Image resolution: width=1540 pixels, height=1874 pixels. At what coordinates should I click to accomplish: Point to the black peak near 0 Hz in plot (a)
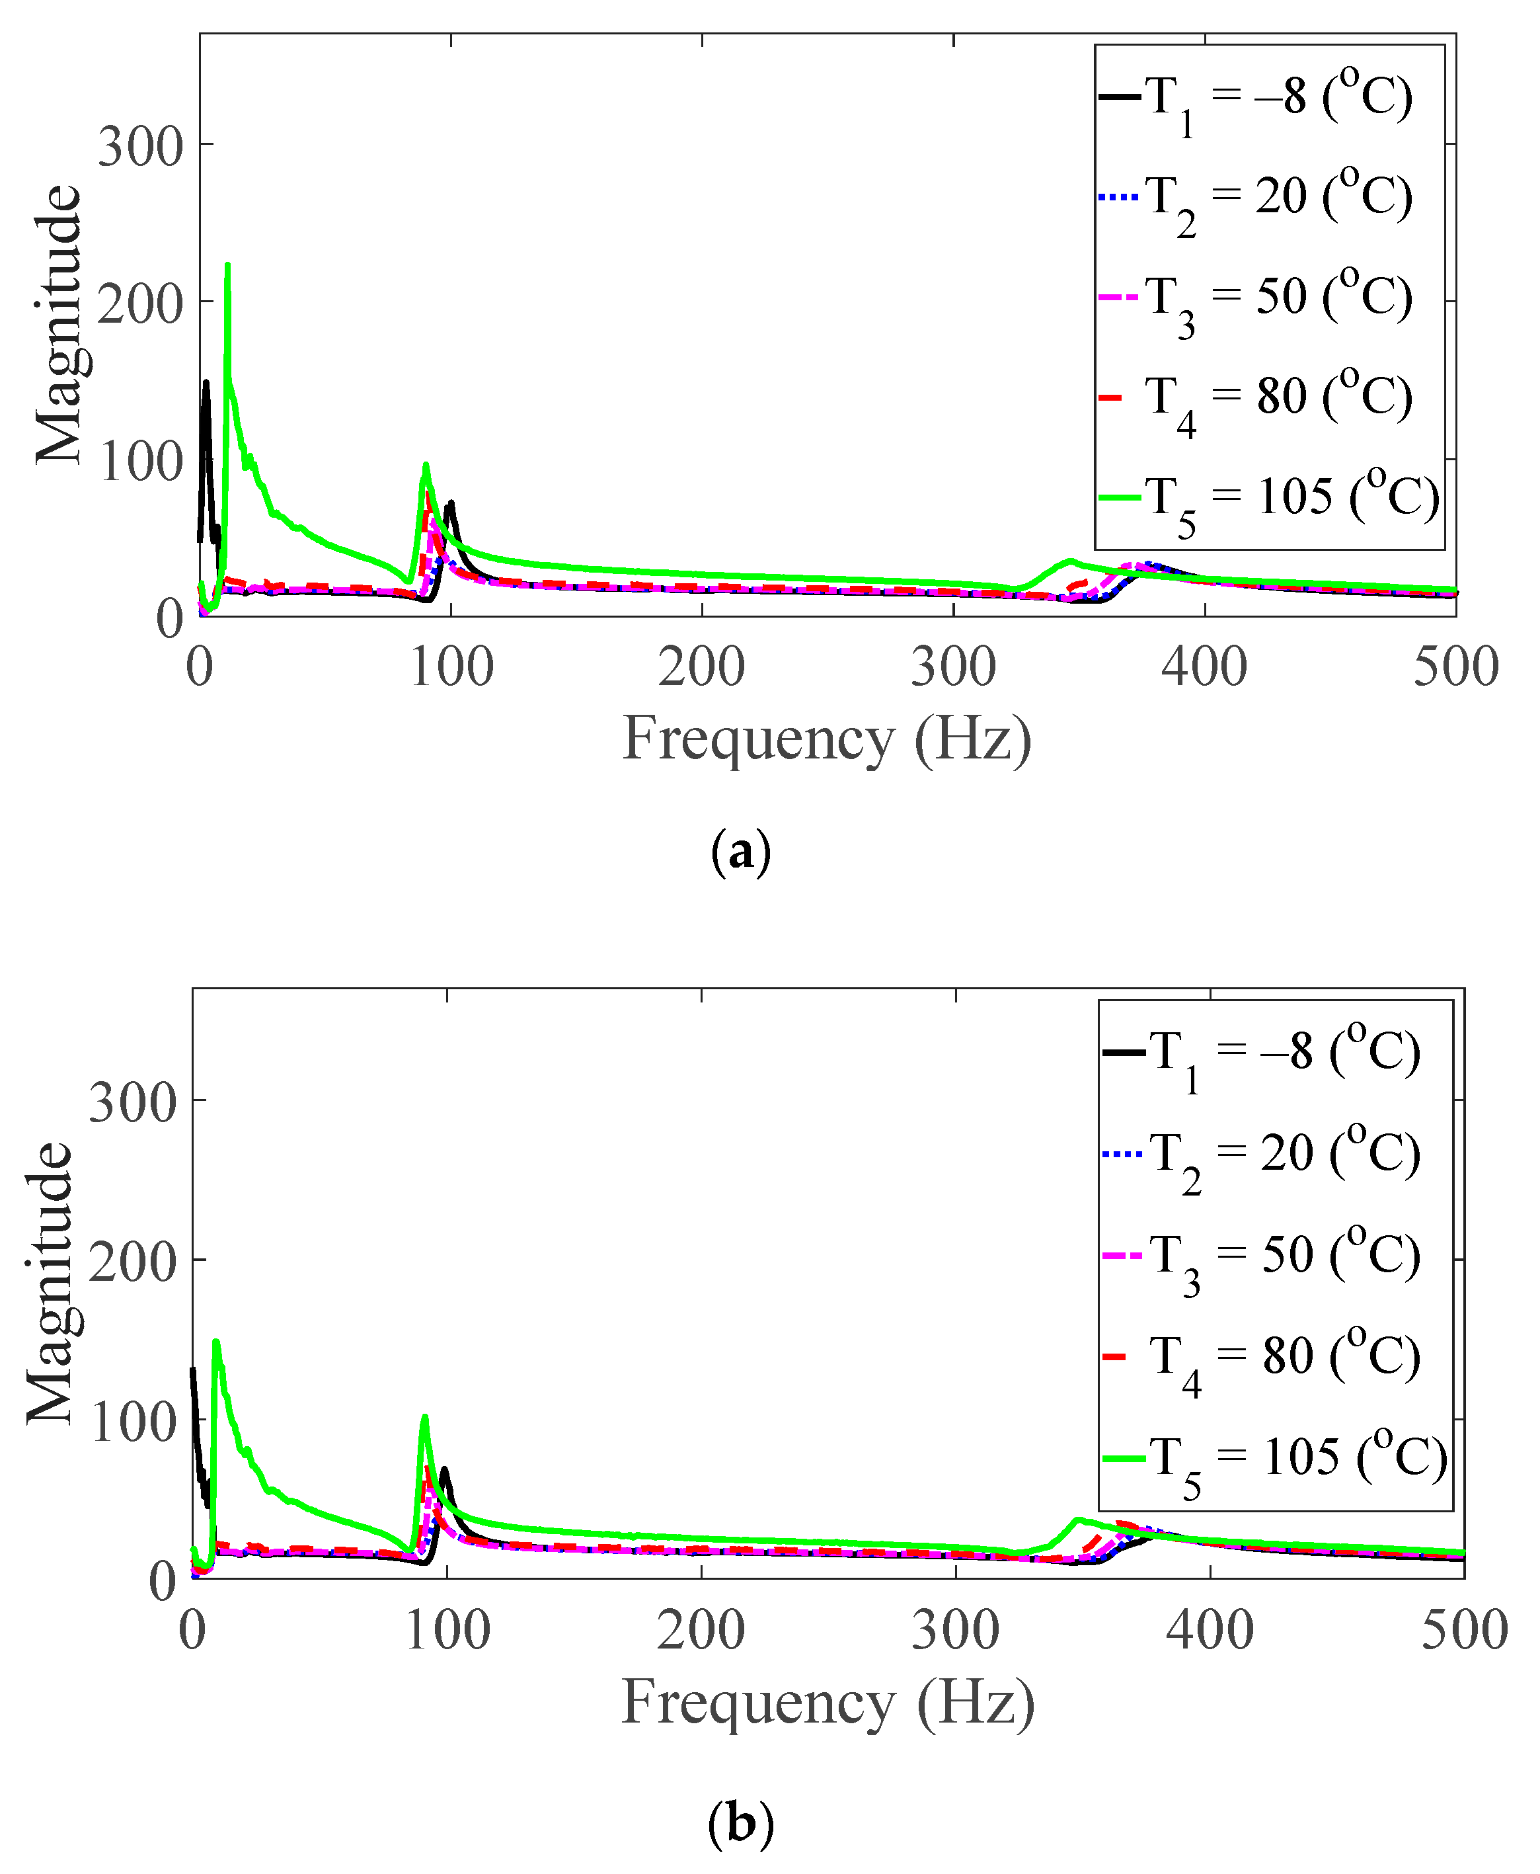[206, 384]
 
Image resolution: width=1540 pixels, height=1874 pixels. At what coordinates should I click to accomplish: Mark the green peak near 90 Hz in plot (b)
[425, 1417]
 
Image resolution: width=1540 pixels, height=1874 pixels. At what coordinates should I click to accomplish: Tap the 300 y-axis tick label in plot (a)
[139, 146]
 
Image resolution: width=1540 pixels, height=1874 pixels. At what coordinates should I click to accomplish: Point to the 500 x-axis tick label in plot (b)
[1464, 1631]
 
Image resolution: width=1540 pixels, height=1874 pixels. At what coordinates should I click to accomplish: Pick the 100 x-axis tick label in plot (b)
[447, 1631]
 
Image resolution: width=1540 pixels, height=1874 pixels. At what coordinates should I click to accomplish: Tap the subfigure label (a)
[741, 852]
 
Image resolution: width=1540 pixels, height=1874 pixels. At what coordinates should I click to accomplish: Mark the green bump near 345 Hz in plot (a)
[1070, 561]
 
